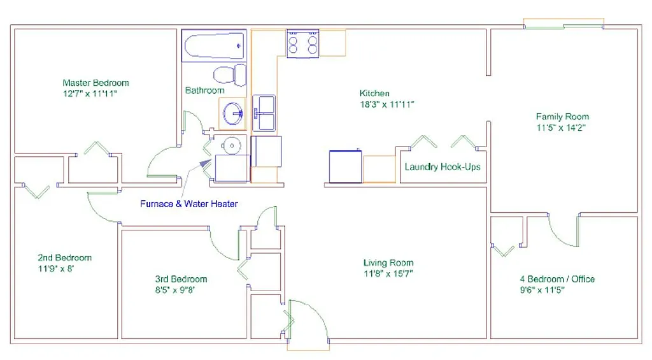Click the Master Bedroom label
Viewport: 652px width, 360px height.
tap(96, 83)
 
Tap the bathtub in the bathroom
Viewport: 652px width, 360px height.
tap(213, 46)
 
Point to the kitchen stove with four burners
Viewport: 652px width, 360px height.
tap(303, 44)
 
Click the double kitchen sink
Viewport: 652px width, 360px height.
tap(264, 113)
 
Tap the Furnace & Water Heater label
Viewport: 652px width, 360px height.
tap(189, 204)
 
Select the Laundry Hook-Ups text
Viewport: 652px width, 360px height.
tap(443, 167)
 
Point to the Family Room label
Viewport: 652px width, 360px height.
tap(562, 117)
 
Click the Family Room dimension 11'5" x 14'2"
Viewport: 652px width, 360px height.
tap(560, 127)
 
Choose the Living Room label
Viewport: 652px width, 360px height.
tap(388, 263)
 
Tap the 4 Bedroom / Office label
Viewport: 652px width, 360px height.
tap(556, 279)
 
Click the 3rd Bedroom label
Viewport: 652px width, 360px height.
tap(181, 279)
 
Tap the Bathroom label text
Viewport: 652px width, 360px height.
tap(205, 90)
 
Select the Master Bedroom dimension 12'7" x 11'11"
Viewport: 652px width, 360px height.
tap(90, 94)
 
